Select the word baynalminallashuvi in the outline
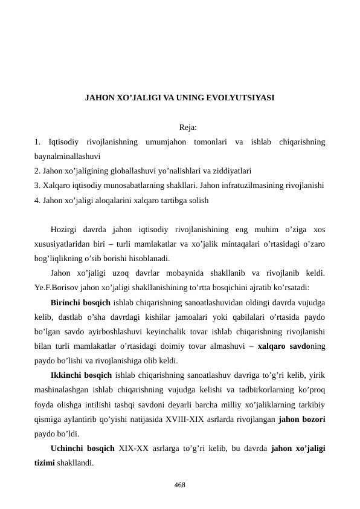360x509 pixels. pyautogui.click(x=67, y=155)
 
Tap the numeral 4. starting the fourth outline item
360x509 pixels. pyautogui.click(x=38, y=199)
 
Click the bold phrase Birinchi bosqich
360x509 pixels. pyautogui.click(x=80, y=302)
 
